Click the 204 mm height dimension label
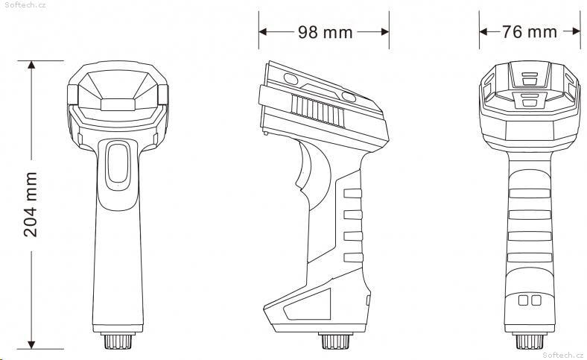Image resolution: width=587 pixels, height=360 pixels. pos(31,204)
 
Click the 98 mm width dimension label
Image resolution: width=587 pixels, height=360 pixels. pos(326,32)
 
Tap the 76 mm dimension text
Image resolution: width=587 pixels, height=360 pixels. pos(530,32)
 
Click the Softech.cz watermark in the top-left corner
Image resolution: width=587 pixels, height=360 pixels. pos(25,5)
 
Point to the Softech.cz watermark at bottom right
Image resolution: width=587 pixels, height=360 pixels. pos(562,355)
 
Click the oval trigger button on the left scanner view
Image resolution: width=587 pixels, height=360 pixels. pos(118,165)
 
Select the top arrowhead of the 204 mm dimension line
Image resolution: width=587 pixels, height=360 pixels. pos(31,65)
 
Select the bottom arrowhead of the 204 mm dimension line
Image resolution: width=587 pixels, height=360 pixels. pos(31,344)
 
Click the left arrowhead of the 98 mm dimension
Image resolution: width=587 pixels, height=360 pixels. pos(263,32)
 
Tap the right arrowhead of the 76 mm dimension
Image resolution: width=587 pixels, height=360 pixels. pos(577,31)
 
